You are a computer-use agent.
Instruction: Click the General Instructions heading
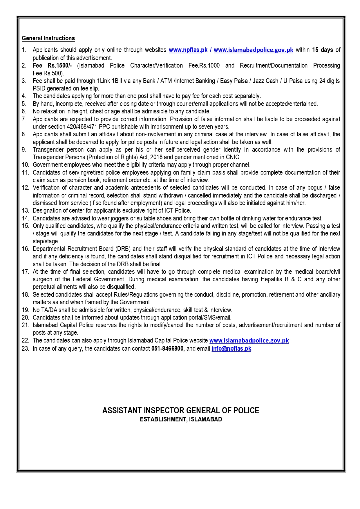coord(48,38)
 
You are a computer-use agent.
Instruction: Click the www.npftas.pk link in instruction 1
coord(188,50)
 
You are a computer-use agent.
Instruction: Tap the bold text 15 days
coord(322,50)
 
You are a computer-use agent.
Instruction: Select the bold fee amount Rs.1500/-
coord(59,66)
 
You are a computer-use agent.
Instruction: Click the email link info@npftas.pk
coord(231,349)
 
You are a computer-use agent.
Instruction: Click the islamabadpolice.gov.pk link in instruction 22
coord(249,340)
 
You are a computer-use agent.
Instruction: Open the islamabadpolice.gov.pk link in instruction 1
coord(253,50)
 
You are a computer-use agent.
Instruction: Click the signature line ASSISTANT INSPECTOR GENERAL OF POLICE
coord(180,410)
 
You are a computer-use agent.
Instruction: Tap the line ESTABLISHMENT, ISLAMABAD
coord(180,419)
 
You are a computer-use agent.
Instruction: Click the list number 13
coord(25,211)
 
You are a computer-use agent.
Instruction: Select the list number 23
coord(25,349)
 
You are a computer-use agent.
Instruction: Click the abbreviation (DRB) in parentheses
coord(123,249)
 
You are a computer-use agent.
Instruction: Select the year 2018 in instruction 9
coord(157,157)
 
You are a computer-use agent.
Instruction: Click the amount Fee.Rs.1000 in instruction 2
coord(204,66)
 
